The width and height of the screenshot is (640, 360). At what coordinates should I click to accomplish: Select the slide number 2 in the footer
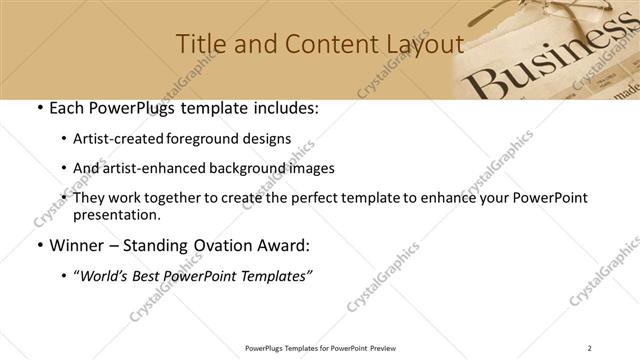590,348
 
